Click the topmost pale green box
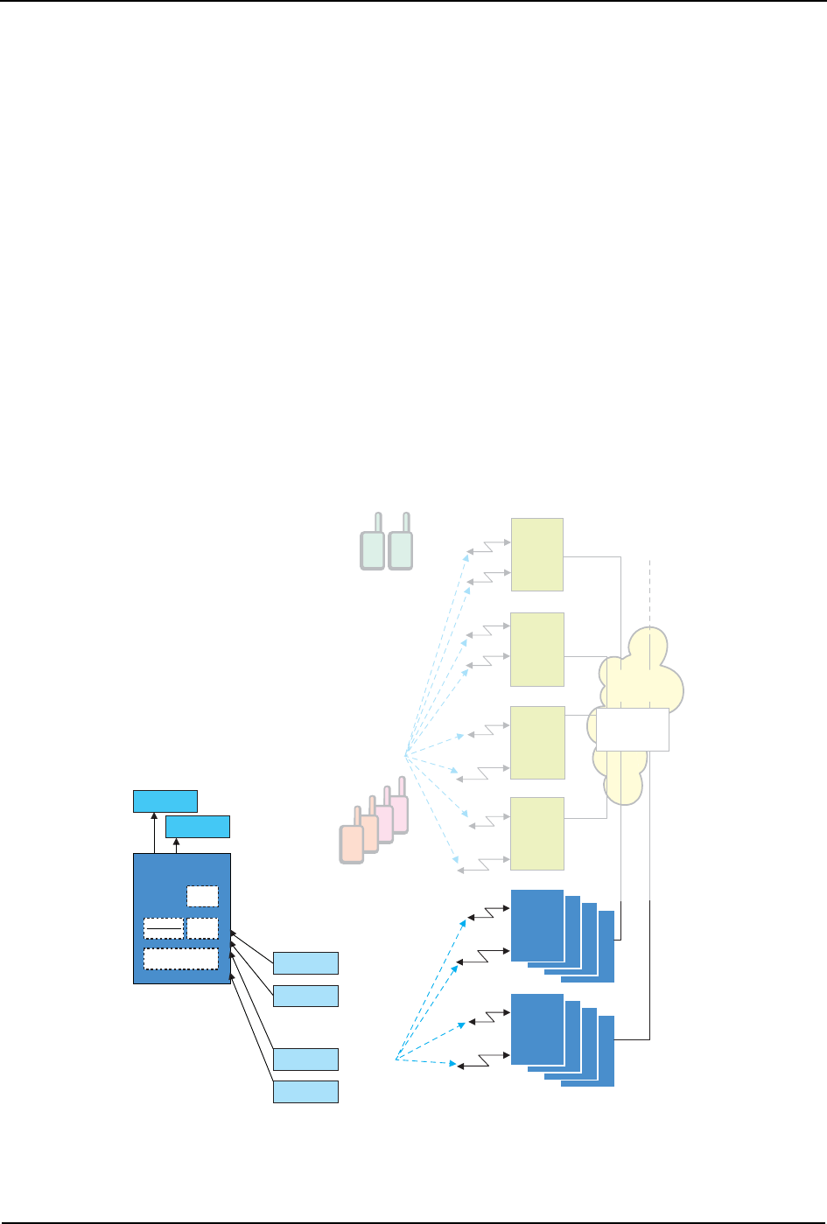point(536,555)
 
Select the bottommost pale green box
point(536,833)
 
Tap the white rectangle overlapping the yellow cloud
point(632,730)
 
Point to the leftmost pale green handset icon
point(373,549)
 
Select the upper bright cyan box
point(165,801)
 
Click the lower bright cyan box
point(198,826)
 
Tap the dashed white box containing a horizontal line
point(164,928)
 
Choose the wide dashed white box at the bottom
point(180,959)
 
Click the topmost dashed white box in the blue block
point(202,896)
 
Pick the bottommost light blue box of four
point(305,1091)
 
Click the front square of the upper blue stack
point(536,925)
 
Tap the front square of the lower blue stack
point(536,1030)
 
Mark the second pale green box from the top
point(536,649)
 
